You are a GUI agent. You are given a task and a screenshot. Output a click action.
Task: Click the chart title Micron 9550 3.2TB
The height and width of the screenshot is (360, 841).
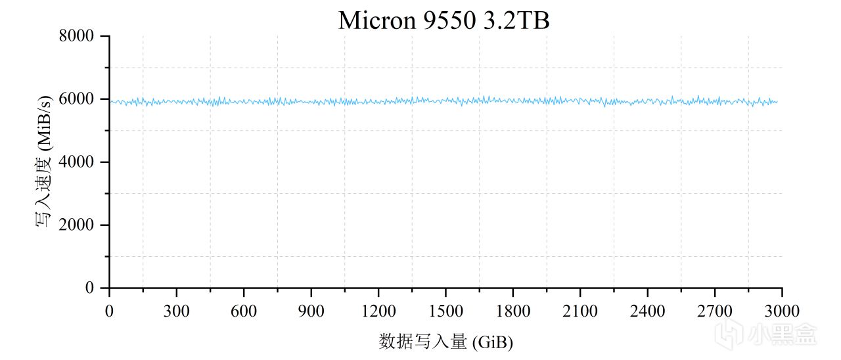(x=443, y=20)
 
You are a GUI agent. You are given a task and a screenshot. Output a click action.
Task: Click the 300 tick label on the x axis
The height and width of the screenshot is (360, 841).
(x=176, y=310)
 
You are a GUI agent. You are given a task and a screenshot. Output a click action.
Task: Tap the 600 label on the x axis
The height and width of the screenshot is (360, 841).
(x=244, y=310)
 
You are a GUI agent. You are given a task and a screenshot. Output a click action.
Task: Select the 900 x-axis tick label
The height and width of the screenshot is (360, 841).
(x=311, y=310)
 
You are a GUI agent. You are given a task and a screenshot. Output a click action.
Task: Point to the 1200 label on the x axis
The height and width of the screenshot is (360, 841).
(x=378, y=310)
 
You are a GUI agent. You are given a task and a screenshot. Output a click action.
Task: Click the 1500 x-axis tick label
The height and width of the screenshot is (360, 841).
(x=445, y=310)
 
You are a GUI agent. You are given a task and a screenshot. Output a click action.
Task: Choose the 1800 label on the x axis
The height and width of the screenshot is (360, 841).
(x=512, y=310)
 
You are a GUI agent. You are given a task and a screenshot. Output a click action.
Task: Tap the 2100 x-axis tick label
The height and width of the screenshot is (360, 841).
(x=580, y=310)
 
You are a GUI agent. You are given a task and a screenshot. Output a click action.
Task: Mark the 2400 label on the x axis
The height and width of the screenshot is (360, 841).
(x=647, y=310)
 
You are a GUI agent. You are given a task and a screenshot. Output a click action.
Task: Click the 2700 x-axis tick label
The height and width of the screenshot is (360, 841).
(x=715, y=310)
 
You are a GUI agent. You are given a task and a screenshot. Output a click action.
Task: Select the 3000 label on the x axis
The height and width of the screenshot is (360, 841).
(x=782, y=310)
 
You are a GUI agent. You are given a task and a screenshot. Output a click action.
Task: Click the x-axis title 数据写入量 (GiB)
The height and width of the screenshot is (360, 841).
(x=445, y=342)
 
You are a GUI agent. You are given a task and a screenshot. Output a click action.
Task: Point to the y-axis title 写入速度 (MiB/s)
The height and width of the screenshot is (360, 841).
(x=44, y=162)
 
